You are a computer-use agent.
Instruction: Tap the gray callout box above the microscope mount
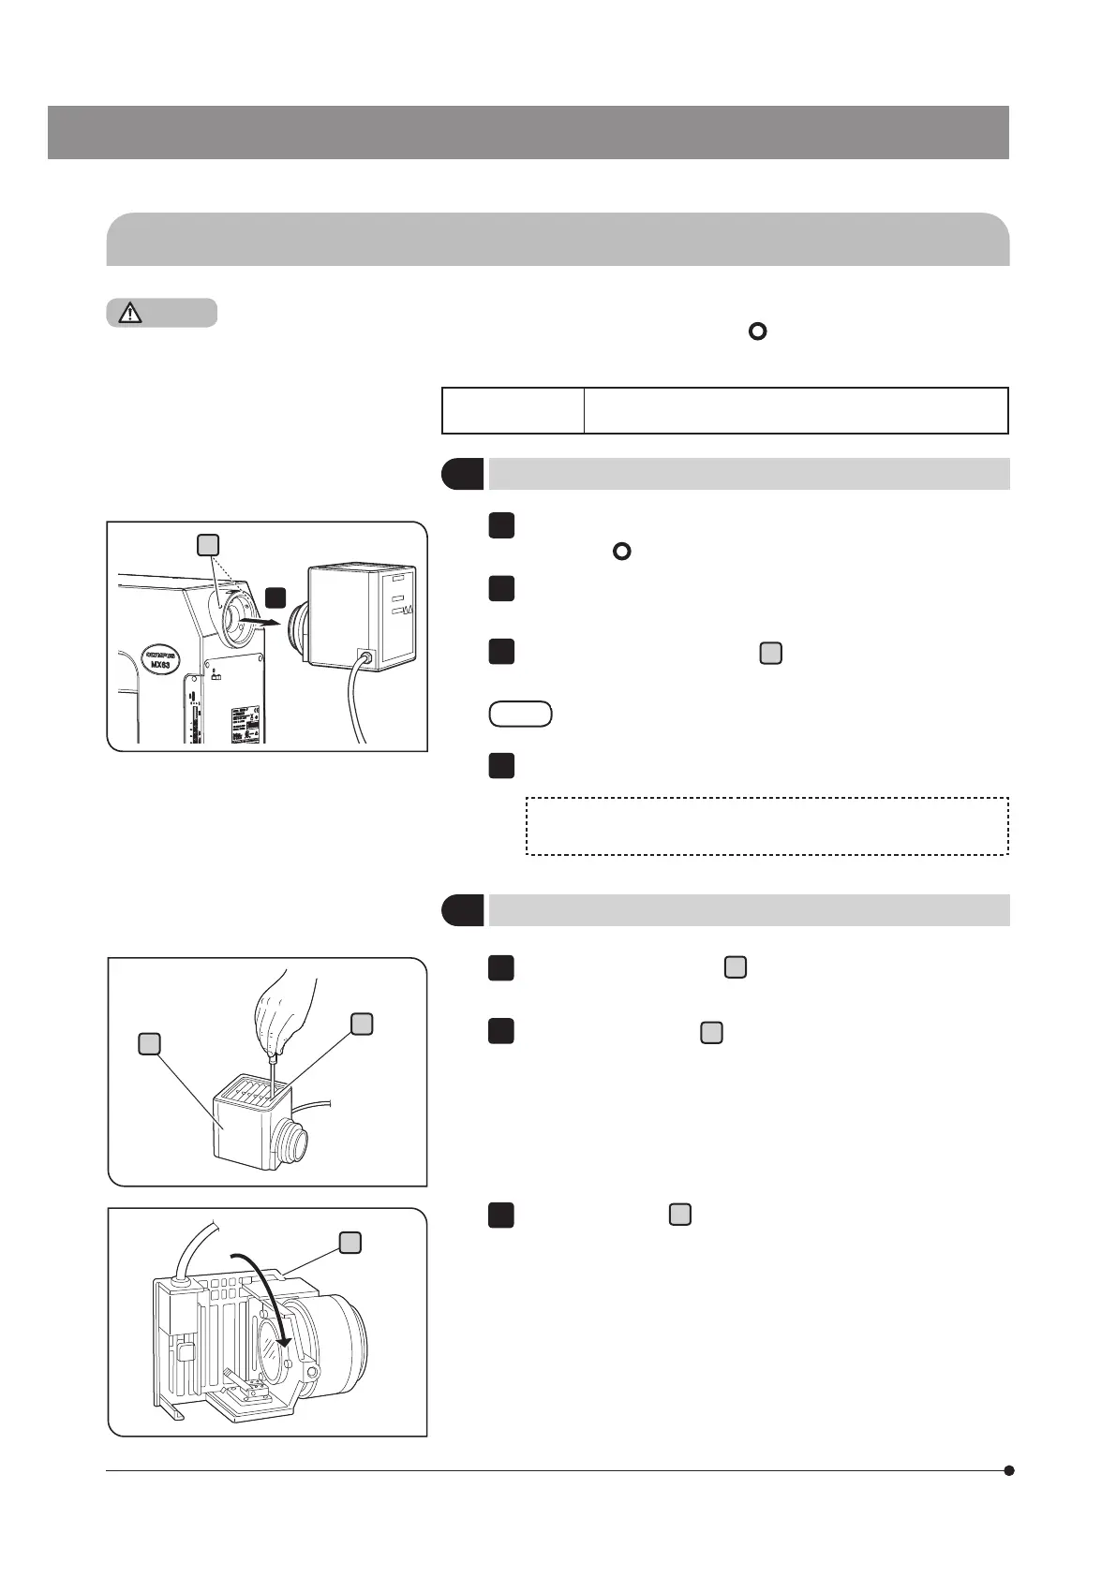208,545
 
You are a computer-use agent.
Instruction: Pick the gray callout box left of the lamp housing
149,1043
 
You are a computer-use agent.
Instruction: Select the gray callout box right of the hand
363,1024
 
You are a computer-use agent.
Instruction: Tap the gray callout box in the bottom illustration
350,1243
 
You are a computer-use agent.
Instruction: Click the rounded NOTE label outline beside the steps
520,715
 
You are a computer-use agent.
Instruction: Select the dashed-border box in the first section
766,826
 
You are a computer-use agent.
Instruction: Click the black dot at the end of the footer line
1009,1470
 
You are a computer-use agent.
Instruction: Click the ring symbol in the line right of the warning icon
757,332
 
